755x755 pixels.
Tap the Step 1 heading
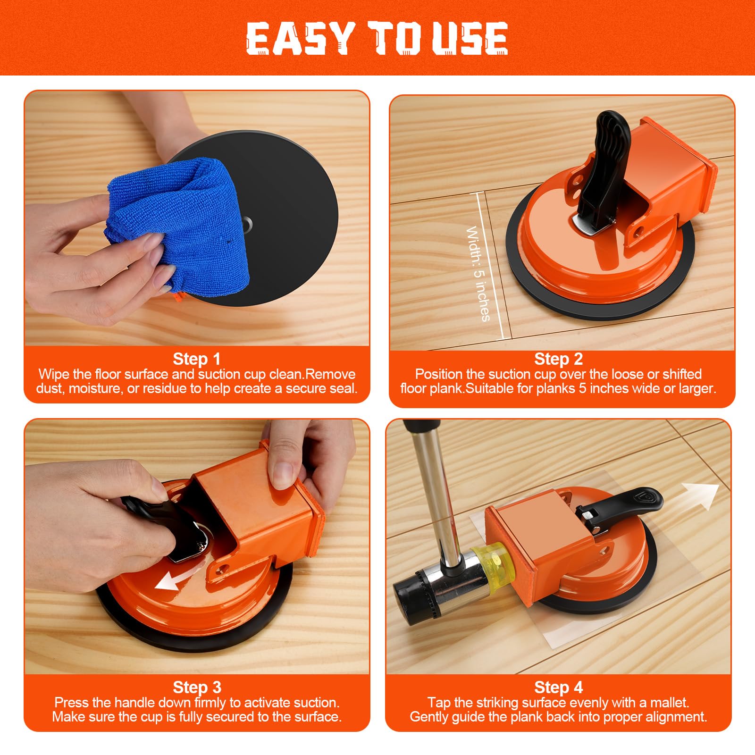pyautogui.click(x=197, y=359)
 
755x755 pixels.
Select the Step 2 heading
pyautogui.click(x=558, y=359)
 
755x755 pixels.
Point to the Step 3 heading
pyautogui.click(x=197, y=688)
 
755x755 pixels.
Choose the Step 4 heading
pyautogui.click(x=558, y=688)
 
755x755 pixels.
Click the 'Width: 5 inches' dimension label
pyautogui.click(x=478, y=274)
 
